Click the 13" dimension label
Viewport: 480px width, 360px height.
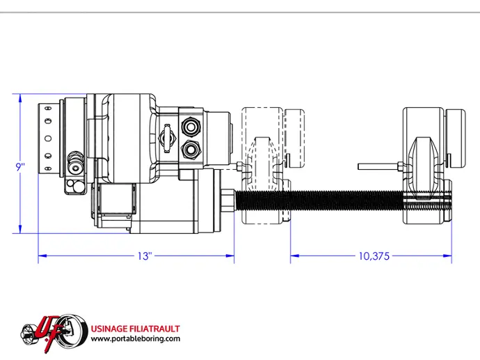coord(145,256)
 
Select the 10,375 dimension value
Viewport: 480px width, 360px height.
coord(374,256)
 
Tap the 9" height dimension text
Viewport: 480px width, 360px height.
coord(20,167)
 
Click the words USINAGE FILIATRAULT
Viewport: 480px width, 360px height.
coord(136,329)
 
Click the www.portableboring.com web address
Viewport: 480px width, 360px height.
coord(136,338)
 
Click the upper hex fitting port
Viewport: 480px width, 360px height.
coord(191,126)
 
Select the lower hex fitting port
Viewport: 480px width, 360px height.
coord(191,150)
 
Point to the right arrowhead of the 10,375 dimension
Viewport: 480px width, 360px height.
coord(447,256)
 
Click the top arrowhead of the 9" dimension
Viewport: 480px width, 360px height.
coord(20,98)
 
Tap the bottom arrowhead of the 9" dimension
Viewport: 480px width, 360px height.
coord(20,229)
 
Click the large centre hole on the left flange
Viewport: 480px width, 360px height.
coord(48,139)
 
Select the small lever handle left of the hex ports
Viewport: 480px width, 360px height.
coord(167,139)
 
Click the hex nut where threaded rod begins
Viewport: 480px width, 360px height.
coord(227,201)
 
